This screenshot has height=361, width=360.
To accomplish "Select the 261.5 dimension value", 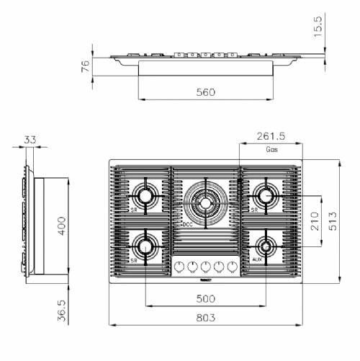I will pyautogui.click(x=271, y=135).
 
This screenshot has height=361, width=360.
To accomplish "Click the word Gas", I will pyautogui.click(x=272, y=150).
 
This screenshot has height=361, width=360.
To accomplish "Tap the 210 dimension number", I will pyautogui.click(x=315, y=221).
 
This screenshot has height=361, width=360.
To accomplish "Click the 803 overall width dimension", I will pyautogui.click(x=205, y=318).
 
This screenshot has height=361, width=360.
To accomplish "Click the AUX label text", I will pyautogui.click(x=256, y=259).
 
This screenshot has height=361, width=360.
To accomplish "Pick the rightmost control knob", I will pyautogui.click(x=232, y=267).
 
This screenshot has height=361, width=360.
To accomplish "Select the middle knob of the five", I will pyautogui.click(x=205, y=267).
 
